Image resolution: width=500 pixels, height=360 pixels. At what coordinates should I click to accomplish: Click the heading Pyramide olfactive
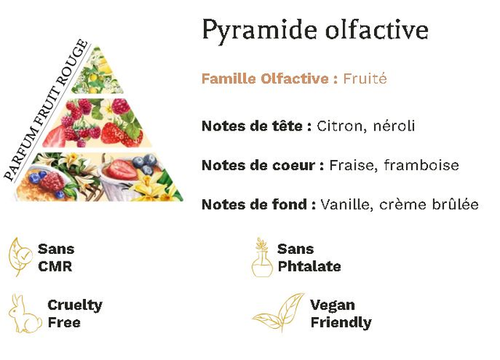315,30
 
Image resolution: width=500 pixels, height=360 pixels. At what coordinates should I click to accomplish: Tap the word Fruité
365,78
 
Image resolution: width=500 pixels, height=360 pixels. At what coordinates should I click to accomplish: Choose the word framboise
421,166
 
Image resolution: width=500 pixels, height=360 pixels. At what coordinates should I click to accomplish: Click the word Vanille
347,205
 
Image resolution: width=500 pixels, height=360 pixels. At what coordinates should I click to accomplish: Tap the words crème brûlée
429,205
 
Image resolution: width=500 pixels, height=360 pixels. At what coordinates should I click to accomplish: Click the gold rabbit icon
25,314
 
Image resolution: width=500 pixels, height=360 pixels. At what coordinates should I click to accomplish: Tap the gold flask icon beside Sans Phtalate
262,258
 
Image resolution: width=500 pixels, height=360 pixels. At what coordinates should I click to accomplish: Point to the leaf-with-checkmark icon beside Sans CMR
20,257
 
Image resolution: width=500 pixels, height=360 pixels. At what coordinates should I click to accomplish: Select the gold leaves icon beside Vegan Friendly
279,312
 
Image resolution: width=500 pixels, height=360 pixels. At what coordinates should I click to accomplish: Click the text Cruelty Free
75,314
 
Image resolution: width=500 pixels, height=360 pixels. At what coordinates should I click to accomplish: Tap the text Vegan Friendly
341,314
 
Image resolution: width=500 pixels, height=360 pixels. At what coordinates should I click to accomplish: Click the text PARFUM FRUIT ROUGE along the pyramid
45,110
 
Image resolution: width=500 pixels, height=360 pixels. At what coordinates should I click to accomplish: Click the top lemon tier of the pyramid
97,72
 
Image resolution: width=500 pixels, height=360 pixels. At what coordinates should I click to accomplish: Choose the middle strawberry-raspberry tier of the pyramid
97,123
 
